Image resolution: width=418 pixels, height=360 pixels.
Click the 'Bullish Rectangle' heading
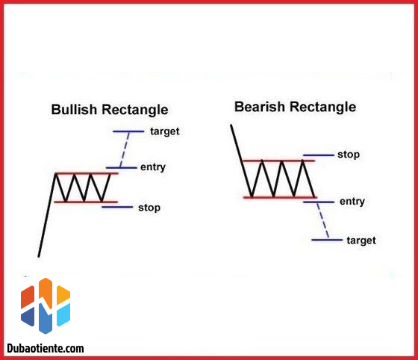(109, 110)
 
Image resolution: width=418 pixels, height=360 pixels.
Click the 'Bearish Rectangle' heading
(295, 107)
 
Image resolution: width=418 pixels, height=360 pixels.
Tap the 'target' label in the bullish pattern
(164, 131)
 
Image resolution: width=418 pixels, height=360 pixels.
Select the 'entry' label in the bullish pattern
(152, 167)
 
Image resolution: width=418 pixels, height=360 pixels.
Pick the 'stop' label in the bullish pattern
(149, 207)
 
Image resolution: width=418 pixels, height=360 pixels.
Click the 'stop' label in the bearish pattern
(349, 155)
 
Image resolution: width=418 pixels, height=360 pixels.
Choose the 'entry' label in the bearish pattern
(352, 202)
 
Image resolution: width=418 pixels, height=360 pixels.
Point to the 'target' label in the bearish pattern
(361, 240)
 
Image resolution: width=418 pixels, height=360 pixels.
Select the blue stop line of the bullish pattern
(116, 207)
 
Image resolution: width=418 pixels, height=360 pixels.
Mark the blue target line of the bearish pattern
(326, 240)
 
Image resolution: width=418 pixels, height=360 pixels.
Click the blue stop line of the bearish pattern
(318, 155)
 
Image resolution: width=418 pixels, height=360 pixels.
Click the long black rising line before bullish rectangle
(46, 217)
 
